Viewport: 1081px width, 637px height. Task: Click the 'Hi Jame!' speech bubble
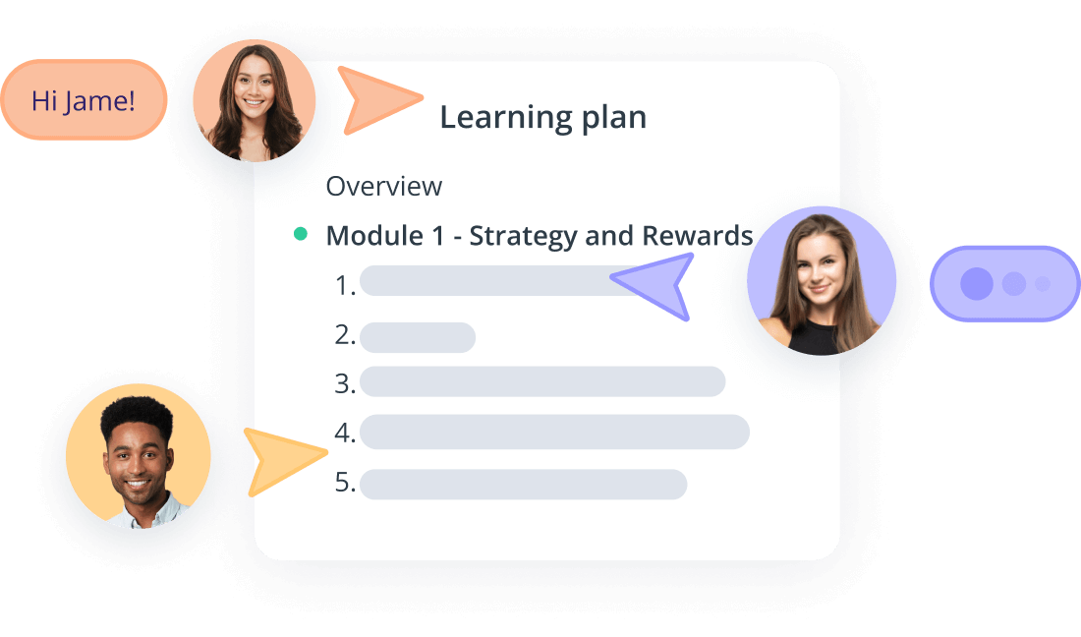coord(84,100)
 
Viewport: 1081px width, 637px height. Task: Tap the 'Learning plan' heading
coord(543,117)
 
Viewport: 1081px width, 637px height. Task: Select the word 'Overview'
coord(384,186)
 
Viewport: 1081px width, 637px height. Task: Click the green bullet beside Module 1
coord(301,234)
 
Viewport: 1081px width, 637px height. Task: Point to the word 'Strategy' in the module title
coord(524,237)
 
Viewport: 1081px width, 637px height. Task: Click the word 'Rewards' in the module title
coord(697,235)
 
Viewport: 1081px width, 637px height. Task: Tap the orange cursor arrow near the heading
coord(375,99)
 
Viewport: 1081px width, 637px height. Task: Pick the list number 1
coord(345,285)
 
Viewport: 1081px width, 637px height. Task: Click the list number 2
coord(345,334)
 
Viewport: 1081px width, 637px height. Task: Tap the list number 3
coord(345,383)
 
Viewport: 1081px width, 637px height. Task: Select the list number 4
coord(345,433)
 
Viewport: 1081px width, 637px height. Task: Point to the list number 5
coord(345,482)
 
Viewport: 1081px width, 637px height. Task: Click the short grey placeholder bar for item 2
coord(417,337)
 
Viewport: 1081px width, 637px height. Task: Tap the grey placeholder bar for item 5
coord(523,484)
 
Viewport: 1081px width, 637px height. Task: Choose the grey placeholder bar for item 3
coord(542,381)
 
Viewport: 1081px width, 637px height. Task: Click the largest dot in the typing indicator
coord(976,283)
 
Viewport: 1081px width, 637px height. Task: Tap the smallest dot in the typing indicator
coord(1043,283)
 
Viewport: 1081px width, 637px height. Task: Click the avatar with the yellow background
coord(138,456)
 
